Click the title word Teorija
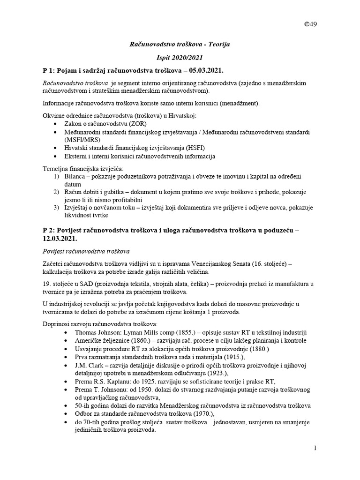click(x=217, y=44)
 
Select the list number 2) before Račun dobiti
click(x=57, y=192)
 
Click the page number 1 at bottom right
click(x=316, y=449)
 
